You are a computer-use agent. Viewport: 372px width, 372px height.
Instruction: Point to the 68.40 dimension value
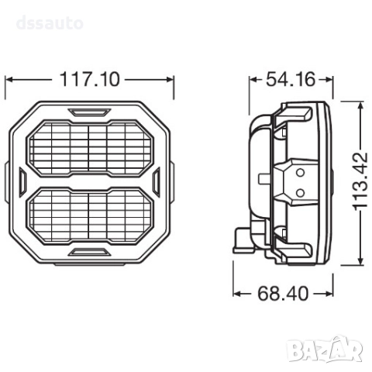pyautogui.click(x=284, y=293)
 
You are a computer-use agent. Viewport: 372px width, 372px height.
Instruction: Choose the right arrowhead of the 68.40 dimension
pyautogui.click(x=329, y=293)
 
